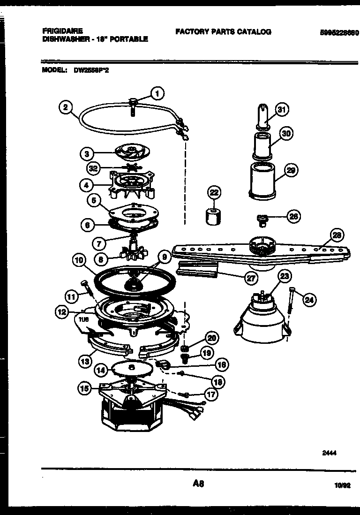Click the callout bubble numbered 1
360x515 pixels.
click(x=157, y=94)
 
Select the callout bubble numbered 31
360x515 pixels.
click(x=281, y=110)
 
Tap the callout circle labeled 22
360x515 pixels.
click(x=214, y=192)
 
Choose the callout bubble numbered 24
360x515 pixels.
click(x=309, y=300)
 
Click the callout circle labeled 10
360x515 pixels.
click(x=79, y=259)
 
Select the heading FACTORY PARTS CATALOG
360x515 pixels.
click(x=223, y=32)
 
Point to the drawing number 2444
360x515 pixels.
click(x=330, y=453)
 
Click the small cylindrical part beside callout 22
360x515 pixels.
click(x=213, y=216)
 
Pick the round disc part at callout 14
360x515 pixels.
click(x=131, y=369)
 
